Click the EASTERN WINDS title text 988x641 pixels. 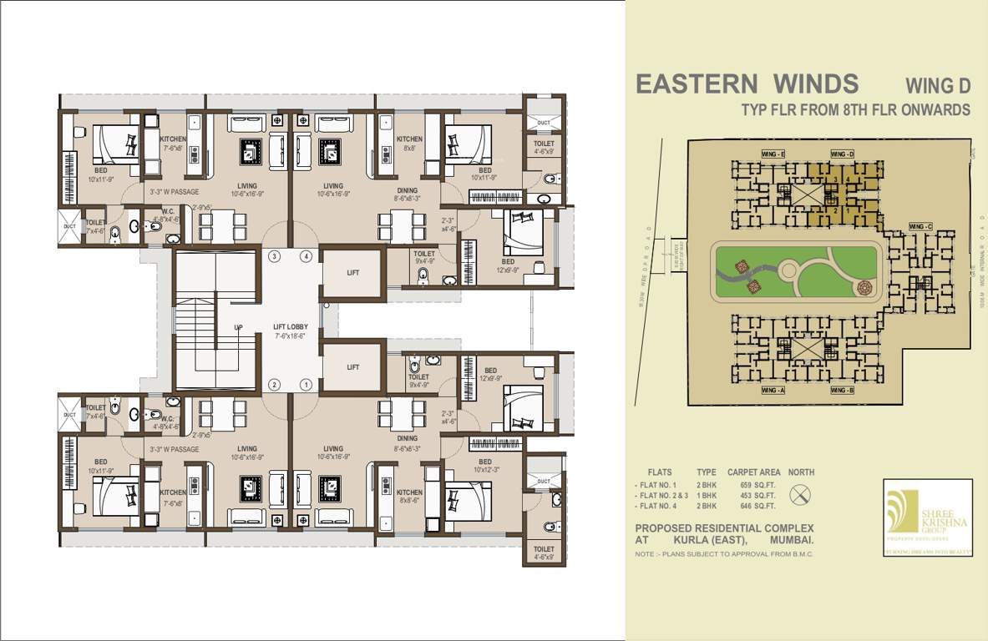pos(747,84)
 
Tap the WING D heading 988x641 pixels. pos(938,86)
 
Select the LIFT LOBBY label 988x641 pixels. pos(291,331)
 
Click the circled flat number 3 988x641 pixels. pos(274,256)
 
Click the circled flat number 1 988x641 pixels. pos(307,385)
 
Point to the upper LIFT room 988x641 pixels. pos(352,273)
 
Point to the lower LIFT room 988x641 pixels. pos(352,366)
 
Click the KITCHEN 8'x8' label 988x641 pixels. pos(409,143)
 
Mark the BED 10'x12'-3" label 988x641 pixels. pos(485,466)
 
